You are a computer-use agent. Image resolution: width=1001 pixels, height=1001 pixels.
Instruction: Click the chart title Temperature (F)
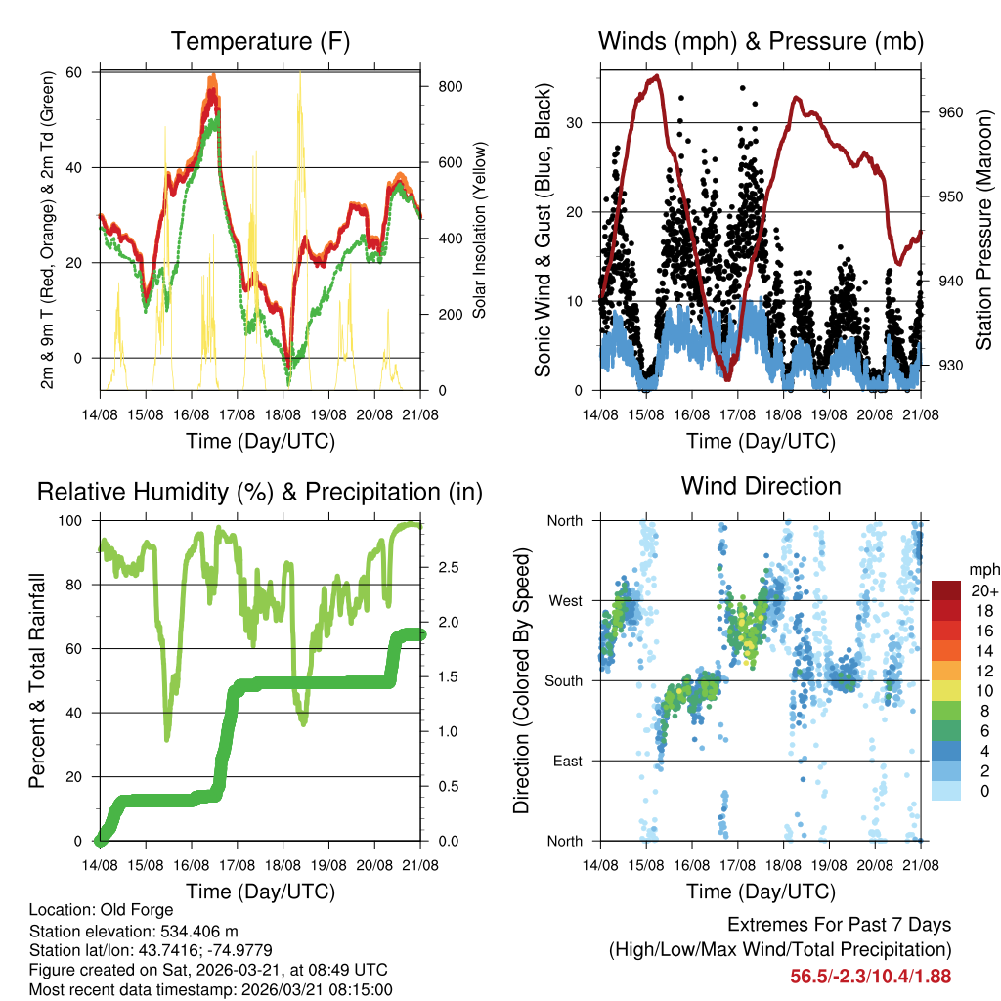click(x=260, y=41)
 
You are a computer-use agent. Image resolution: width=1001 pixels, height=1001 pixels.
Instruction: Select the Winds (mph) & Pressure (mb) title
click(x=761, y=41)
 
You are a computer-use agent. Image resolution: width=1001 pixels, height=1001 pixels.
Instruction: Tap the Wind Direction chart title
click(x=761, y=486)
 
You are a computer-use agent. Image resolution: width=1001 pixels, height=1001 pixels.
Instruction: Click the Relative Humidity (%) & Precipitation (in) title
click(x=260, y=492)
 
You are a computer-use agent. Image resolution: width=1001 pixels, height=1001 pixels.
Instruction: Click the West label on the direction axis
click(x=565, y=600)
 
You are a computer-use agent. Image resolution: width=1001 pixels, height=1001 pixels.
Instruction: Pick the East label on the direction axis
click(x=567, y=761)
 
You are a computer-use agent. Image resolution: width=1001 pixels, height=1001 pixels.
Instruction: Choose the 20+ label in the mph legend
click(x=982, y=591)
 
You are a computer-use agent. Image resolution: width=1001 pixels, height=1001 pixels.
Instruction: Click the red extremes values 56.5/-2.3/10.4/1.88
click(x=870, y=977)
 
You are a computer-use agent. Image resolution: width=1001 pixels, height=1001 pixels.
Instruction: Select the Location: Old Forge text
click(x=101, y=910)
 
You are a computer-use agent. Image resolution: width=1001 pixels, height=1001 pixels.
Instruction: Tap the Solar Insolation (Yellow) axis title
click(x=480, y=230)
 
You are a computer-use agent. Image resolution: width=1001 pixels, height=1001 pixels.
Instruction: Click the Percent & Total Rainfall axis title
click(x=37, y=681)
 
